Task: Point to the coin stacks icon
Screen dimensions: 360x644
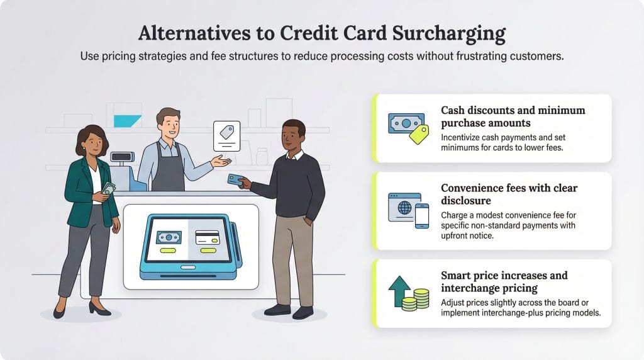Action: [416, 299]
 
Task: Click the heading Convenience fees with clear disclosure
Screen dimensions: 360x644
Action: [509, 194]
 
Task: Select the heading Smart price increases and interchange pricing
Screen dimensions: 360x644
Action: [504, 281]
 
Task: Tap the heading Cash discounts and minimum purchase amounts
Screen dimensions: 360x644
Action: [513, 116]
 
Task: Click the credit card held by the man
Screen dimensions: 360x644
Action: [236, 180]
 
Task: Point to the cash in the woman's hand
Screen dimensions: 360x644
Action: [108, 188]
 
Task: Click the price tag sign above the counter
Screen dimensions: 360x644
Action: [226, 135]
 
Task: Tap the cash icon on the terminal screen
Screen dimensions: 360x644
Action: [168, 238]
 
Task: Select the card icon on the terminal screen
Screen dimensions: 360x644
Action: [207, 238]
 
